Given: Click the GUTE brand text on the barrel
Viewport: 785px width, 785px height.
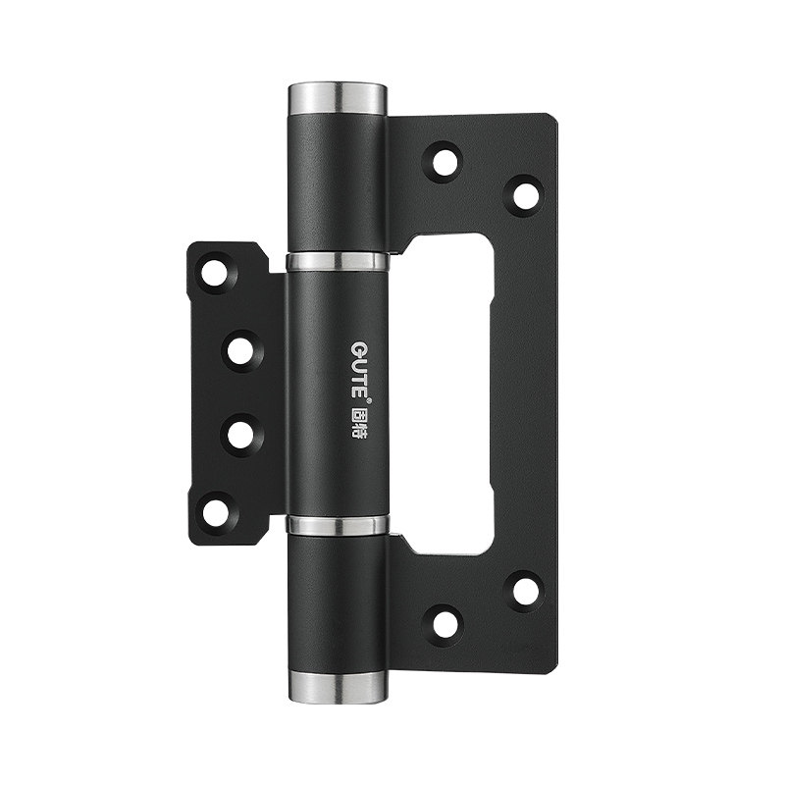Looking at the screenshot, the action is (358, 369).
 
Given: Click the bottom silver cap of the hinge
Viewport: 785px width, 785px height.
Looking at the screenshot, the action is (338, 687).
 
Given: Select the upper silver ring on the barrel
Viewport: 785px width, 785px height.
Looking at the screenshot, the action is (337, 261).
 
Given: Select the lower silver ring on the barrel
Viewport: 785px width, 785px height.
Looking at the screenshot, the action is (338, 524).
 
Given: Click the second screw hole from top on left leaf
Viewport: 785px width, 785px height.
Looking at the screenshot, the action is (241, 351).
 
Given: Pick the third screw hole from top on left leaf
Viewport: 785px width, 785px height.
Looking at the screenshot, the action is (241, 435).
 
